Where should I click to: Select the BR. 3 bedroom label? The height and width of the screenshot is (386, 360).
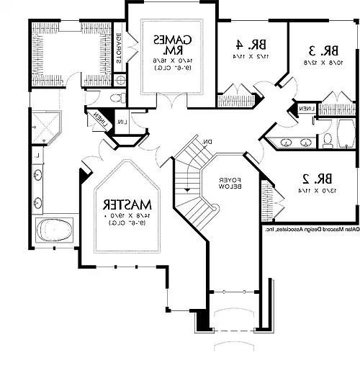[323, 50]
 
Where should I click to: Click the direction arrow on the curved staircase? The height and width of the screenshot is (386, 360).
[188, 189]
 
